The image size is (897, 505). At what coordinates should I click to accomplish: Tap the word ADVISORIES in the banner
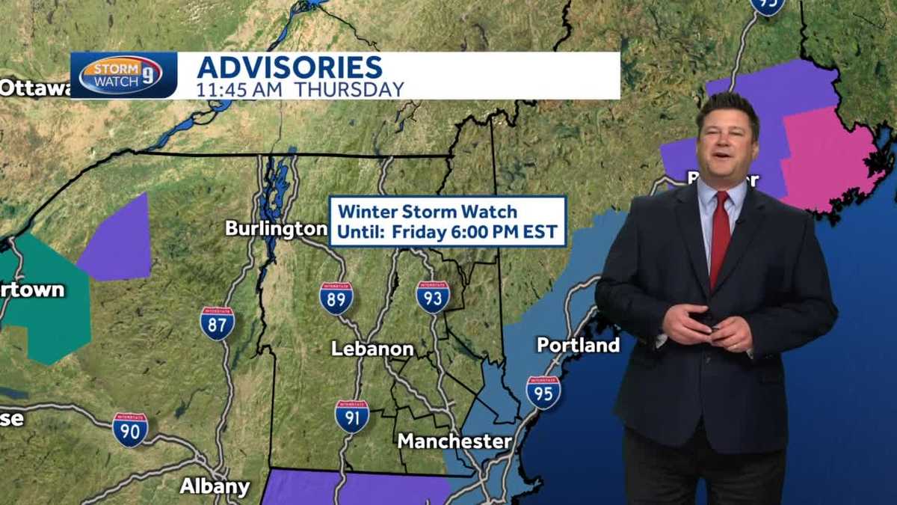[x=290, y=67]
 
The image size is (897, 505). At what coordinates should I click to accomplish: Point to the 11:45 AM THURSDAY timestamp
[x=300, y=90]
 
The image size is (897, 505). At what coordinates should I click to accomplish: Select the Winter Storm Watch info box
[x=447, y=221]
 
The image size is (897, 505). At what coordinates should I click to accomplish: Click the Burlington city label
[x=276, y=228]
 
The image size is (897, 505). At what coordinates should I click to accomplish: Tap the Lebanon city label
[x=372, y=349]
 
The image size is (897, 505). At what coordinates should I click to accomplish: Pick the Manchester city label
[x=454, y=441]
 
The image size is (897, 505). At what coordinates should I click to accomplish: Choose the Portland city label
[x=578, y=345]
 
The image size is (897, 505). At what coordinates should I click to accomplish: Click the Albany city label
[x=215, y=486]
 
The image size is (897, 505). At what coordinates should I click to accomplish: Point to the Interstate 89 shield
[x=336, y=298]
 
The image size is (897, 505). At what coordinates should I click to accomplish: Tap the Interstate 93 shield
[x=433, y=296]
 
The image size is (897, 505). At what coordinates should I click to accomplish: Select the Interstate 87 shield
[x=218, y=323]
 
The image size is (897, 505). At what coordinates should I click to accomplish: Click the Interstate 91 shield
[x=351, y=416]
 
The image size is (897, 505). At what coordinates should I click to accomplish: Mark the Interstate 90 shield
[x=130, y=429]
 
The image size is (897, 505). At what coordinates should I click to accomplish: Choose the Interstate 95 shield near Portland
[x=543, y=392]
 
